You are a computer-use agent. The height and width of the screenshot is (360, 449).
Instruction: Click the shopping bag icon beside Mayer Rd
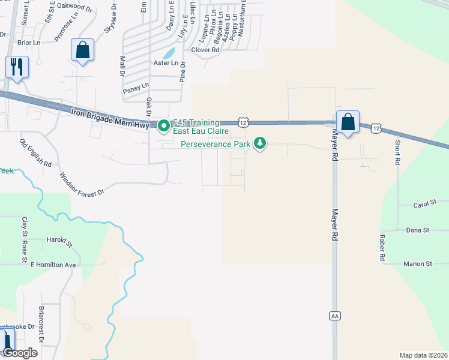pyautogui.click(x=348, y=122)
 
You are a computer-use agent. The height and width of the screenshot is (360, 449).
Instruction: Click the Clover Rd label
pyautogui.click(x=205, y=50)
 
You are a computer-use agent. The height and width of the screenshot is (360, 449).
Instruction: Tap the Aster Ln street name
pyautogui.click(x=166, y=63)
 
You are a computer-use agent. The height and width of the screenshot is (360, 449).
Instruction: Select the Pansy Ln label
pyautogui.click(x=136, y=88)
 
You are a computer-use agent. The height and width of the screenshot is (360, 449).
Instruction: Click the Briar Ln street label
pyautogui.click(x=28, y=43)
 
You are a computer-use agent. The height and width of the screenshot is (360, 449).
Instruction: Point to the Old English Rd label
pyautogui.click(x=35, y=153)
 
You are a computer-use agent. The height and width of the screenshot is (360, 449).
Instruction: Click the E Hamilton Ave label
pyautogui.click(x=53, y=265)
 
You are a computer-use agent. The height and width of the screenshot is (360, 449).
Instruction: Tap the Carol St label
pyautogui.click(x=424, y=205)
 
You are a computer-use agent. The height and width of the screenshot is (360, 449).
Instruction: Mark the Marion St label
pyautogui.click(x=418, y=263)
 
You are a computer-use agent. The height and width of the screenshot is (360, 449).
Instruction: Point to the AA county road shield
pyautogui.click(x=335, y=316)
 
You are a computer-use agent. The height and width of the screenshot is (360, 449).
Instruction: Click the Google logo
pyautogui.click(x=20, y=353)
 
